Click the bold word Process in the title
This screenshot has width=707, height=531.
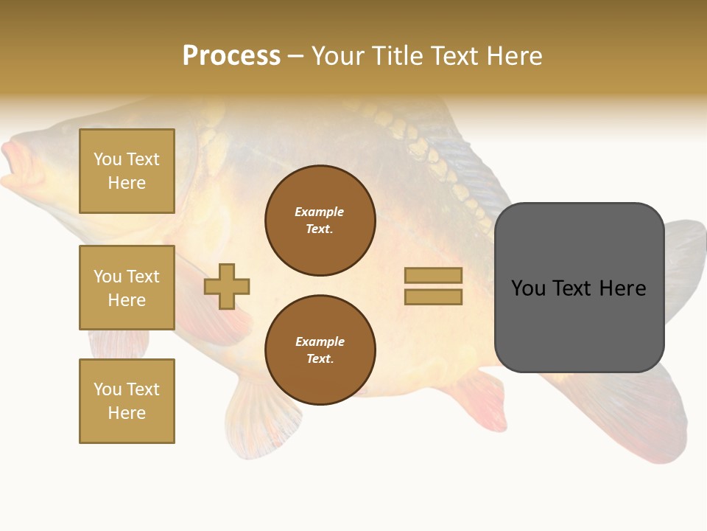pos(231,55)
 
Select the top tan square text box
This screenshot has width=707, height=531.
pos(127,171)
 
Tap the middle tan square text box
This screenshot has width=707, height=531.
pos(127,288)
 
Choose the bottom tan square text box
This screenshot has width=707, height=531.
pos(127,401)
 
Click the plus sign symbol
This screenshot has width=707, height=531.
pos(227,286)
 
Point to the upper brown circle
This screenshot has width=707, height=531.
pos(320,221)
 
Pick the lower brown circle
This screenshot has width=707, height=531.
pos(320,350)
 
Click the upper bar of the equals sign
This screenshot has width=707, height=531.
pos(433,276)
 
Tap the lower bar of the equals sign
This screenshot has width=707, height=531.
pos(433,296)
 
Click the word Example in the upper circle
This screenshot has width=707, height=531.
pos(320,212)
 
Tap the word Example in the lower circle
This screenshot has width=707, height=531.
pos(320,341)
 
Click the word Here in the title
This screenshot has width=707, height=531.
pos(513,56)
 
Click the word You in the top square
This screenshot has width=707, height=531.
pos(108,159)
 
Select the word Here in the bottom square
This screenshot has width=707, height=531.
pos(127,413)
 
